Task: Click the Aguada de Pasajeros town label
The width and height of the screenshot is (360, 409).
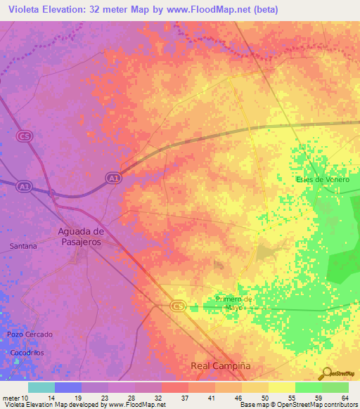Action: click(x=80, y=236)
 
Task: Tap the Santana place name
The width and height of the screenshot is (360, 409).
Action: click(x=23, y=247)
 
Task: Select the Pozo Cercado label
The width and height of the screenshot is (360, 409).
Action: click(x=25, y=334)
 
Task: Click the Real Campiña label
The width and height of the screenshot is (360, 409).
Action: click(x=221, y=367)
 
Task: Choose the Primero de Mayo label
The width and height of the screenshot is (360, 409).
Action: click(x=233, y=304)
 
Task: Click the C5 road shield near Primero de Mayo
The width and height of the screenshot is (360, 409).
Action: click(x=178, y=306)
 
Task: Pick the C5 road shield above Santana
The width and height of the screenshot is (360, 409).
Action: click(x=25, y=136)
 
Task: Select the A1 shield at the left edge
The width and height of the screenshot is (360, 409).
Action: click(x=24, y=186)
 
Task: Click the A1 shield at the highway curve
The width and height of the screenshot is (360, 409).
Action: click(x=113, y=179)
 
